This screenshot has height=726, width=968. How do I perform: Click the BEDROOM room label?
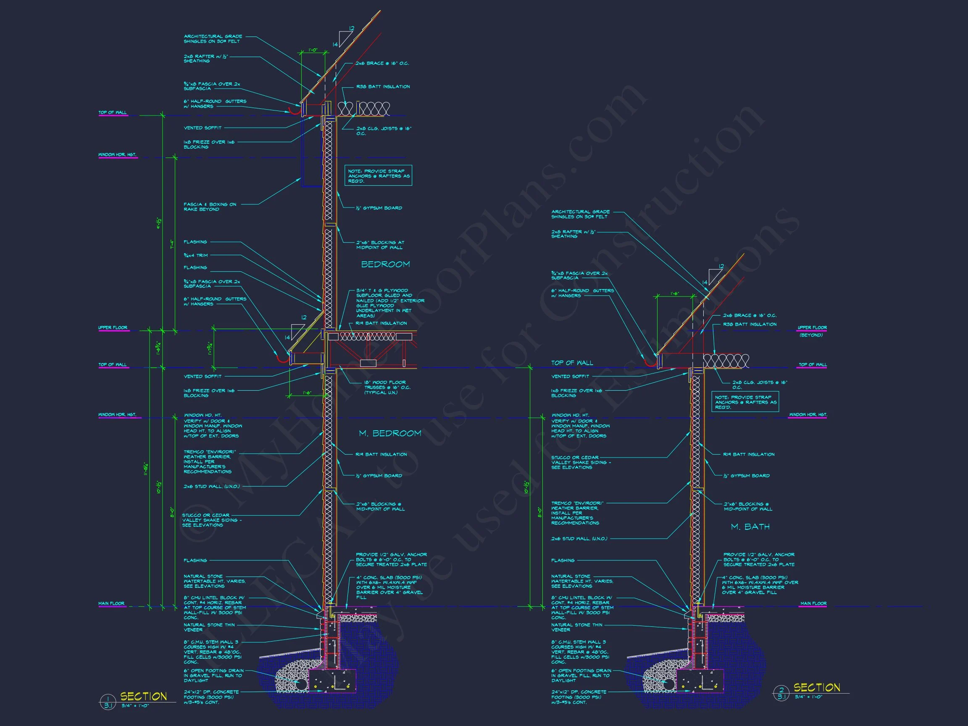[385, 264]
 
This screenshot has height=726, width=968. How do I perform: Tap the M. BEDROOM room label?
[390, 433]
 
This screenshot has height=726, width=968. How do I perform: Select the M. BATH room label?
[750, 527]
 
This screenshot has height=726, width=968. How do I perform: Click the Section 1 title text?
[143, 696]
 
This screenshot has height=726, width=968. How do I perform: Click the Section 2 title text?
[817, 687]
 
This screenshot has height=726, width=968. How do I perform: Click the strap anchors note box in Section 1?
[379, 176]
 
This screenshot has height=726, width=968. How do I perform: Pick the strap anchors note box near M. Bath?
[745, 402]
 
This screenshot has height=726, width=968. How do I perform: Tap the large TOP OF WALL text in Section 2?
[572, 363]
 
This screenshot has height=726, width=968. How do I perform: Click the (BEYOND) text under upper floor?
[811, 335]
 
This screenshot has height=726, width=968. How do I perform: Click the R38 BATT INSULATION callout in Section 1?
[382, 87]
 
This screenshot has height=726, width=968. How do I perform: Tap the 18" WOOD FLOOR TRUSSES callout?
[383, 387]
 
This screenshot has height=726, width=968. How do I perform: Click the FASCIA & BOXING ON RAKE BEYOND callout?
[210, 207]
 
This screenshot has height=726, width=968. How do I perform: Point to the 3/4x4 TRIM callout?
[196, 255]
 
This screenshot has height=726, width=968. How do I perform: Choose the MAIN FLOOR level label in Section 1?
[111, 603]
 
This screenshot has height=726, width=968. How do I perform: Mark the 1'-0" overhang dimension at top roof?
[313, 50]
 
